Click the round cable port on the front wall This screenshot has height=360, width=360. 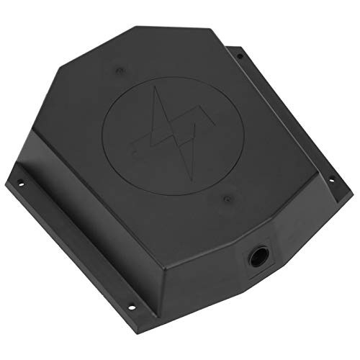[x=256, y=253]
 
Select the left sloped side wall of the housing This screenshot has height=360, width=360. [x=58, y=144]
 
